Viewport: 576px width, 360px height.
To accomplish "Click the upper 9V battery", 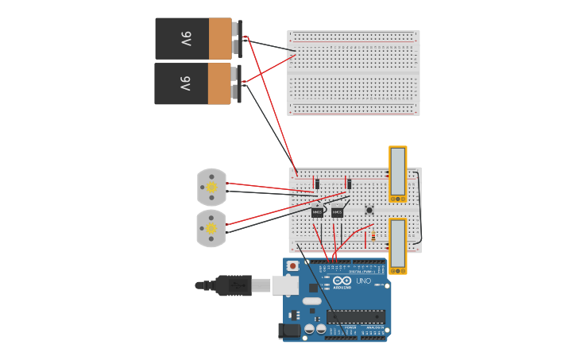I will pyautogui.click(x=194, y=38).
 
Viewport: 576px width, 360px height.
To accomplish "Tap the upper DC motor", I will pyautogui.click(x=211, y=187).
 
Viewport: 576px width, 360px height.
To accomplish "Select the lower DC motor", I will pyautogui.click(x=211, y=228).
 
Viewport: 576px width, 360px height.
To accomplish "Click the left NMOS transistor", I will pyautogui.click(x=317, y=212).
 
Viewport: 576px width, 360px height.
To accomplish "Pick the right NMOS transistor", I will pyautogui.click(x=337, y=212).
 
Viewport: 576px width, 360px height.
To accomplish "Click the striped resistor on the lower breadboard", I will pyautogui.click(x=373, y=235).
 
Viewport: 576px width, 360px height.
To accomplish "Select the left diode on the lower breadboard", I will pyautogui.click(x=317, y=184).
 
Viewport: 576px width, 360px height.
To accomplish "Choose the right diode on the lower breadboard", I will pyautogui.click(x=348, y=184).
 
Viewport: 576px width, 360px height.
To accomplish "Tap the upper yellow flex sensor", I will pyautogui.click(x=397, y=173).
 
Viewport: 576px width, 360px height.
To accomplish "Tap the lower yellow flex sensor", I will pyautogui.click(x=397, y=246).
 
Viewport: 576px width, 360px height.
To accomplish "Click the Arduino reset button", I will pyautogui.click(x=293, y=265).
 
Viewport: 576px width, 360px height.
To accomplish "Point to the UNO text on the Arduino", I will pyautogui.click(x=363, y=281).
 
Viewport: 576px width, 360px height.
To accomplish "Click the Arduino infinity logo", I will pyautogui.click(x=342, y=281).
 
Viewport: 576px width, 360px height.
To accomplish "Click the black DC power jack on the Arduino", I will pyautogui.click(x=291, y=331).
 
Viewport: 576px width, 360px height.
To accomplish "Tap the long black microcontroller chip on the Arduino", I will pyautogui.click(x=356, y=316).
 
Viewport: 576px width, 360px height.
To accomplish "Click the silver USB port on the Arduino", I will pyautogui.click(x=285, y=285).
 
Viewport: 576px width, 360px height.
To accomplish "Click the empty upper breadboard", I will pyautogui.click(x=354, y=72).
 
